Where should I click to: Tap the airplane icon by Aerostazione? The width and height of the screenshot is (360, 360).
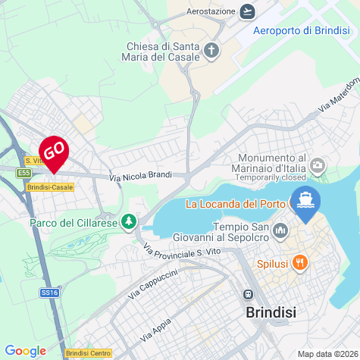247,11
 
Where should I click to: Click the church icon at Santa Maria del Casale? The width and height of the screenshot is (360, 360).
211,52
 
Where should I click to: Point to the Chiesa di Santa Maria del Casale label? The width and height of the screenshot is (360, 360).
164,52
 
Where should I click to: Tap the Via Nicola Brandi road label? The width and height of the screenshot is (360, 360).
140,176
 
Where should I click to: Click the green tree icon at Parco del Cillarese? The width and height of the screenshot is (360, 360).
130,221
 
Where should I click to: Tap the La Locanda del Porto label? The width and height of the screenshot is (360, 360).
235,204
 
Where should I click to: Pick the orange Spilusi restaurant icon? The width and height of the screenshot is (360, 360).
300,262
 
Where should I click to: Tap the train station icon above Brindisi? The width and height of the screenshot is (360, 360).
247,295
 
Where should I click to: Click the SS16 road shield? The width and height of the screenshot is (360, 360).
50,292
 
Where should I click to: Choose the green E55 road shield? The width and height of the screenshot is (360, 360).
23,173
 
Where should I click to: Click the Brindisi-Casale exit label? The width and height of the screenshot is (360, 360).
50,186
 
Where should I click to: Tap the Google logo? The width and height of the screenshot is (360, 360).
25,351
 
